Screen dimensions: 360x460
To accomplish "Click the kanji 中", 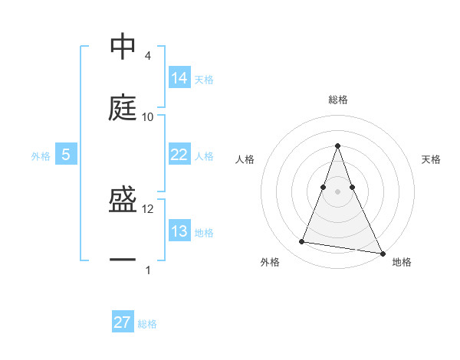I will point(123,47).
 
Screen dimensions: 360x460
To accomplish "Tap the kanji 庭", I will point(123,108).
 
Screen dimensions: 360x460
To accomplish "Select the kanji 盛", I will point(123,201).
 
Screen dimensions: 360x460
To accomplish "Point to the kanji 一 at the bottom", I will point(123,261).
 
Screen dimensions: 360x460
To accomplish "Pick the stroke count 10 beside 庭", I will point(148,117).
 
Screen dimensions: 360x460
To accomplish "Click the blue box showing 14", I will point(179,77).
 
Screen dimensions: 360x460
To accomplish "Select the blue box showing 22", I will point(179,155).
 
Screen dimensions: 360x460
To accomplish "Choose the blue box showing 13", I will point(179,231).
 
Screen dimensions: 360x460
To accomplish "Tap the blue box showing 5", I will point(66,155).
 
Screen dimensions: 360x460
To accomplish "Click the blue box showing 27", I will point(123,322).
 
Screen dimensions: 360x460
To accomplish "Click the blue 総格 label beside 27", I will point(147,324).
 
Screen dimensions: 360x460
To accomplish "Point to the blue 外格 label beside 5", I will point(41,156).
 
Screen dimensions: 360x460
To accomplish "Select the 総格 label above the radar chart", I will point(338,100).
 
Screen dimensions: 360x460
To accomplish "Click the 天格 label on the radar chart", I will point(431,159).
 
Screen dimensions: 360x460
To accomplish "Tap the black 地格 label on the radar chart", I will point(402,262).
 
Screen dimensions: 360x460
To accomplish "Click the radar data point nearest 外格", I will point(302,242).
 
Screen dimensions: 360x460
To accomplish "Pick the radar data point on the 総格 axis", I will point(338,146).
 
